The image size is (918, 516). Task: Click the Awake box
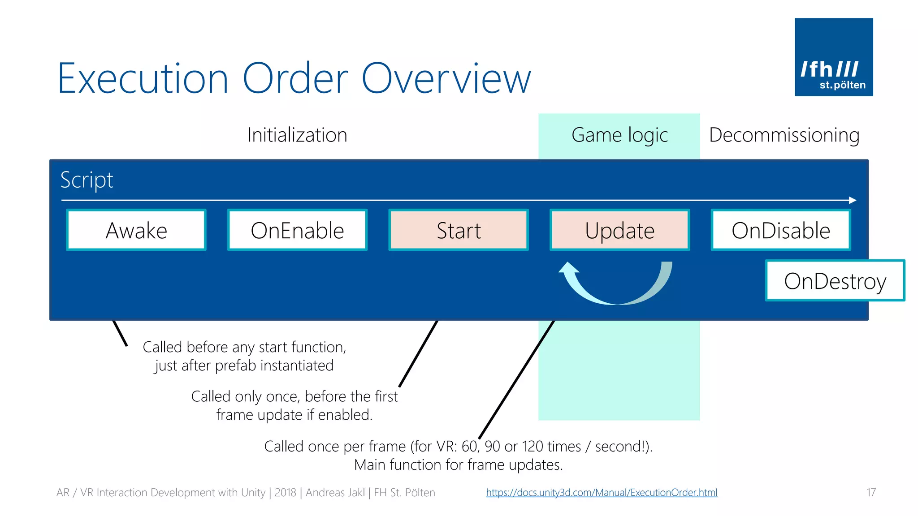point(136,230)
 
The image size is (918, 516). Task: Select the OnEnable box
point(297,230)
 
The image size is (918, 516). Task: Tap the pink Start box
point(459,230)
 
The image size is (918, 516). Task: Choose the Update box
point(619,230)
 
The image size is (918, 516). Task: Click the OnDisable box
point(781,230)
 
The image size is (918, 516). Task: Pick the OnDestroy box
point(835,281)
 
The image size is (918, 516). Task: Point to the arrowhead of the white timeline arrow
point(853,200)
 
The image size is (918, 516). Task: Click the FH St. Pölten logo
point(834,57)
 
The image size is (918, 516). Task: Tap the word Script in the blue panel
point(87,180)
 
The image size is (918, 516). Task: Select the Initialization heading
point(297,135)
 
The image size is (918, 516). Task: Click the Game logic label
point(619,135)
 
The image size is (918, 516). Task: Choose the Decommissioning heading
point(784,135)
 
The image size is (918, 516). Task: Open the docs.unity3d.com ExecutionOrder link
point(602,493)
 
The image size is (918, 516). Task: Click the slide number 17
point(871,493)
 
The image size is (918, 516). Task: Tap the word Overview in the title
point(446,79)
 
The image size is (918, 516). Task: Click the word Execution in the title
point(143,79)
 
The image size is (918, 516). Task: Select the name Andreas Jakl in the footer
point(335,493)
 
